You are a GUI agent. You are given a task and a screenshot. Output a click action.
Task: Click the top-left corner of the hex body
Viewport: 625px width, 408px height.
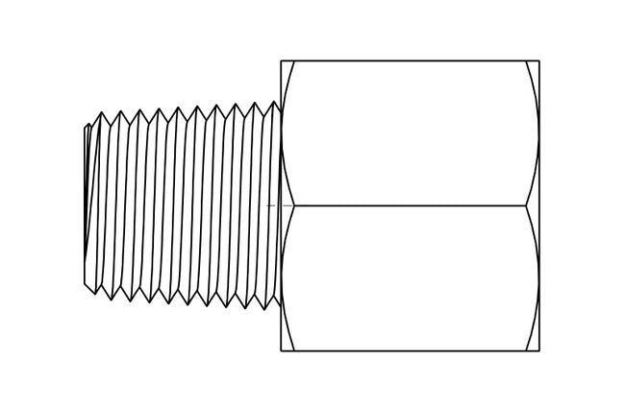pyautogui.click(x=281, y=61)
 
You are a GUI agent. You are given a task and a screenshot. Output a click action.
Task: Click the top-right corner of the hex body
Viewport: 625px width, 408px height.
pyautogui.click(x=539, y=61)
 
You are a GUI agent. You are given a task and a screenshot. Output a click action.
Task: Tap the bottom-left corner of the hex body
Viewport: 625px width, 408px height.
pyautogui.click(x=281, y=350)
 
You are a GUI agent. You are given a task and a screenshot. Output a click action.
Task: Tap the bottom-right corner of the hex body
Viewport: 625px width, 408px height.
pyautogui.click(x=539, y=350)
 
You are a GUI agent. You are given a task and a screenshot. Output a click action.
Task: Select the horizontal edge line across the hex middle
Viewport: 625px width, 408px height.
pyautogui.click(x=409, y=205)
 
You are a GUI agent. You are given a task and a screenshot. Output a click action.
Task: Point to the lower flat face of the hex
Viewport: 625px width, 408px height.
pyautogui.click(x=409, y=278)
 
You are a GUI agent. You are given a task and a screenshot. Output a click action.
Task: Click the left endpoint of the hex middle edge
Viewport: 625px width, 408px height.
pyautogui.click(x=294, y=205)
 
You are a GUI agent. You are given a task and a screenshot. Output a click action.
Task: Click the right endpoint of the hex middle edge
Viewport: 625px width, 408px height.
pyautogui.click(x=526, y=205)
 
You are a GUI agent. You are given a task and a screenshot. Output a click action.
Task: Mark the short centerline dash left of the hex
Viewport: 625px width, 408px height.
pyautogui.click(x=272, y=205)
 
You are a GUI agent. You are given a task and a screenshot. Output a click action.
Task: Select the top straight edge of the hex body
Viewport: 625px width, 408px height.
pyautogui.click(x=409, y=61)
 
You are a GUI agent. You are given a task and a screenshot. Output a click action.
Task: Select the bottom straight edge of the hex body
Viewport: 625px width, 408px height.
pyautogui.click(x=409, y=350)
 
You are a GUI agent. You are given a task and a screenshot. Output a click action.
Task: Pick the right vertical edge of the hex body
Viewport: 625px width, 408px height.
pyautogui.click(x=539, y=205)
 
